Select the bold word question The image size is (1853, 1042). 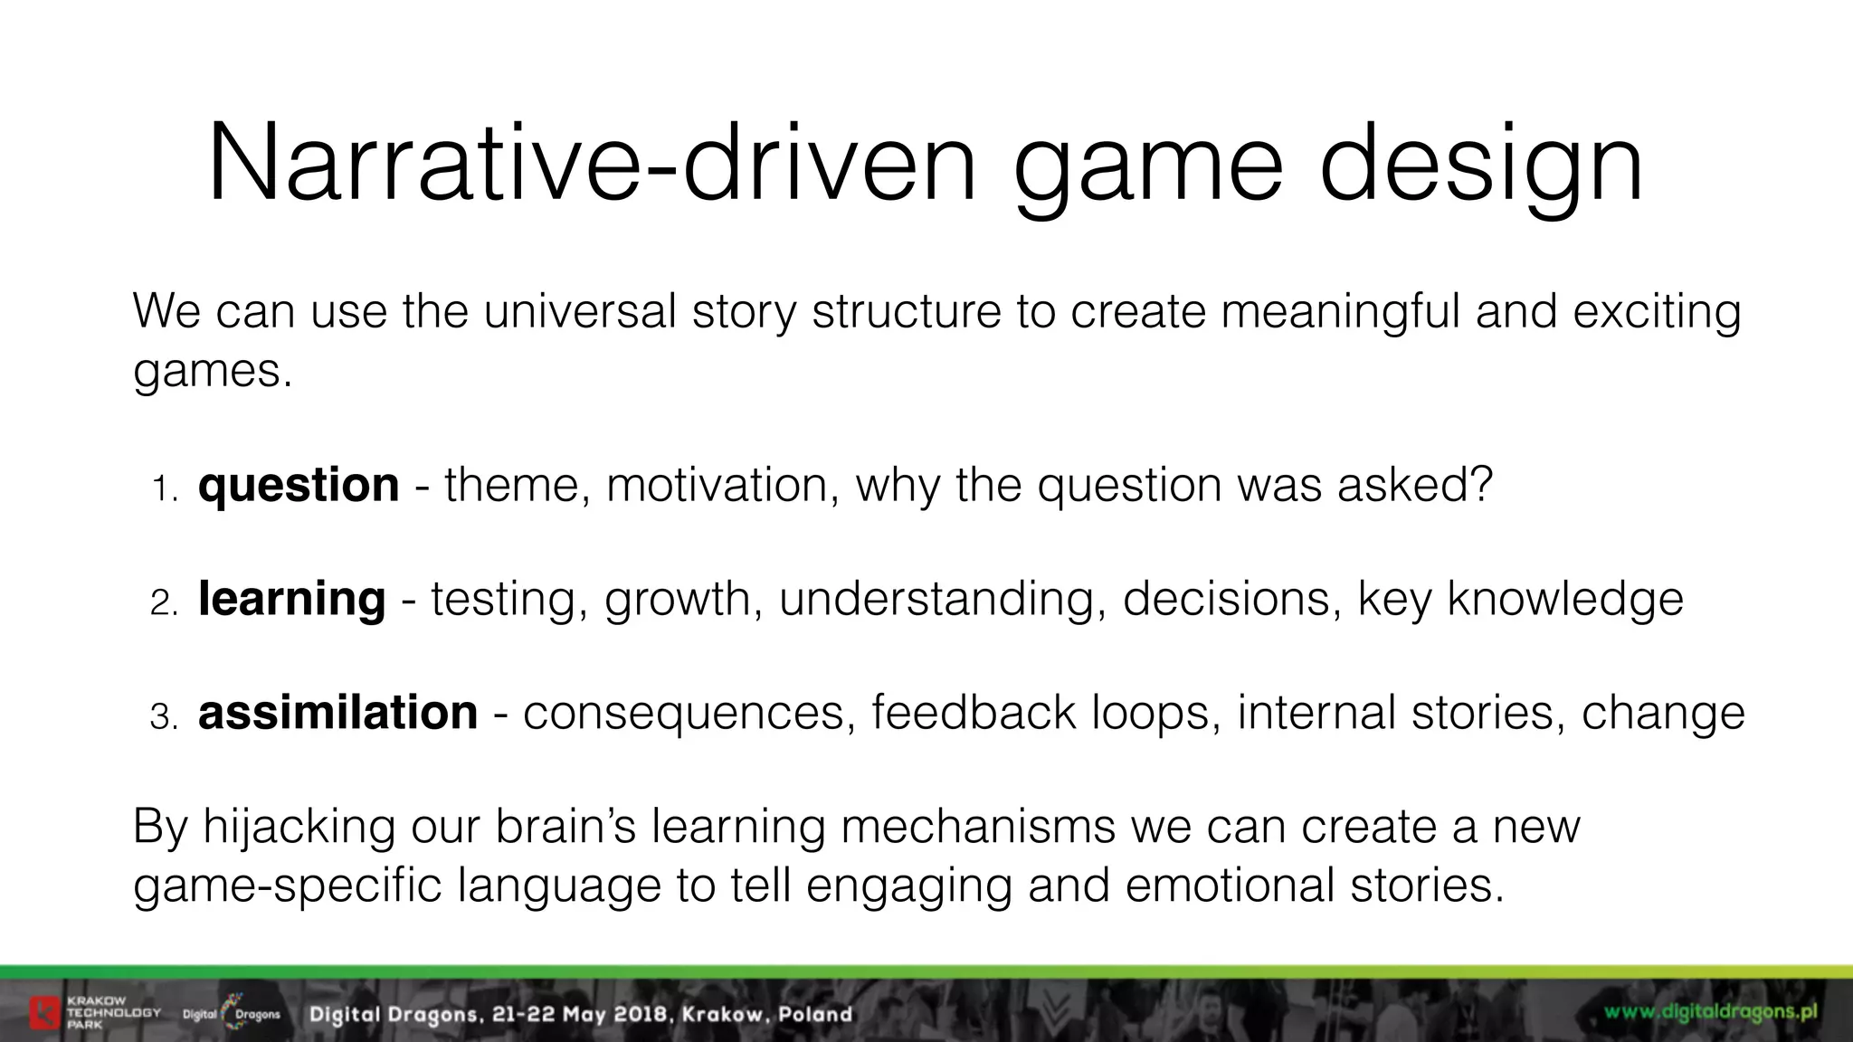tap(299, 486)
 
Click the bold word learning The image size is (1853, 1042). tap(291, 600)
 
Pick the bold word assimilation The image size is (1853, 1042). tap(337, 713)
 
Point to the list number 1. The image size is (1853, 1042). tap(165, 489)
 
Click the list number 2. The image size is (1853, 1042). tap(165, 603)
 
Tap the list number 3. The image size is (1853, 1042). tap(165, 717)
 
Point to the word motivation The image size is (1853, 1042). tap(717, 486)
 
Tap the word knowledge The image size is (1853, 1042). tap(1565, 600)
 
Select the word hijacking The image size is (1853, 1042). tap(299, 827)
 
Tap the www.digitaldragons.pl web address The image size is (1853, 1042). tap(1711, 1011)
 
